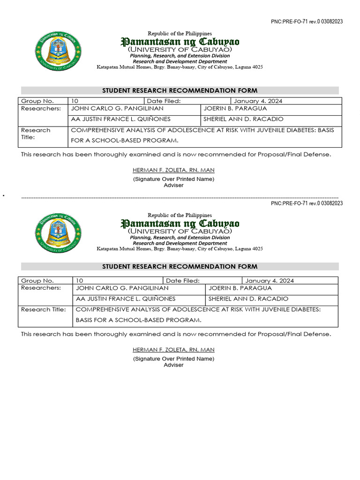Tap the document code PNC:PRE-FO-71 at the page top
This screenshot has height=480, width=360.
click(307, 22)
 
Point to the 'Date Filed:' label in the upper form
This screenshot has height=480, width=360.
click(164, 101)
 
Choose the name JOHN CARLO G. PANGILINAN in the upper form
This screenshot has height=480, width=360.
click(117, 109)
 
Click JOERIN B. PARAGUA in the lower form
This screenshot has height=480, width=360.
click(240, 288)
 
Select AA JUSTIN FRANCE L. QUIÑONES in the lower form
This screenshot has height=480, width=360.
click(126, 299)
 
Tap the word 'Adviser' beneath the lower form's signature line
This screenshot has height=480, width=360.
click(173, 365)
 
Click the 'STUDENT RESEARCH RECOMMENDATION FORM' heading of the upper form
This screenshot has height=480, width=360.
click(180, 90)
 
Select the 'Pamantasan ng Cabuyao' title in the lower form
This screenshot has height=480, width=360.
click(180, 223)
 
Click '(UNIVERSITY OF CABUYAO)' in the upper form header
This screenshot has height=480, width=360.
click(180, 49)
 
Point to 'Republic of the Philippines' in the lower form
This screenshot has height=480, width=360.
click(180, 215)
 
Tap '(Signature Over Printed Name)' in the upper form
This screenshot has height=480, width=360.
click(173, 179)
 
